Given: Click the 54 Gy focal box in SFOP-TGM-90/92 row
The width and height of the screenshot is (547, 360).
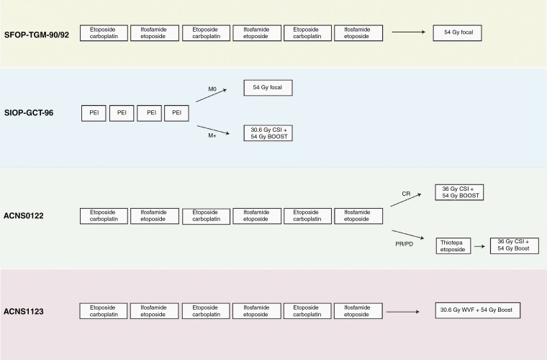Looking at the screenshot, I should click(457, 32).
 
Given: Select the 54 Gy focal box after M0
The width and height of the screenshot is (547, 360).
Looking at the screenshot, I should click(268, 88).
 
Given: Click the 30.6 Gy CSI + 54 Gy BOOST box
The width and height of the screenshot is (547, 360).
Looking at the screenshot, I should click(268, 132).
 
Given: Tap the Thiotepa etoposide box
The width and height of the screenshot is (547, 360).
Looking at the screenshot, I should click(454, 245).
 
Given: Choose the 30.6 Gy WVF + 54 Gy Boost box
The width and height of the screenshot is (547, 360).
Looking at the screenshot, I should click(478, 310).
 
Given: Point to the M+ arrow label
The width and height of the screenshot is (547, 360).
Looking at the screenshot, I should click(212, 123).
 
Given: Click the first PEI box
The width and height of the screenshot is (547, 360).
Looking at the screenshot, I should click(94, 112).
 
